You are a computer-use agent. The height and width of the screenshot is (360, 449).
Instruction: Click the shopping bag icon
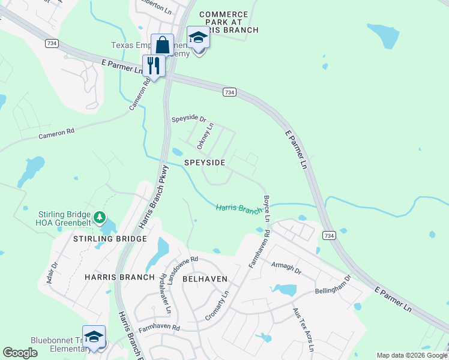coord(162,45)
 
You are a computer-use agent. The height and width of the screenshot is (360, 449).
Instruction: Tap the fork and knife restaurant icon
coord(154,65)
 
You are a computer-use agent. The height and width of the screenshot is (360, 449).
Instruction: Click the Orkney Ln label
coord(205,136)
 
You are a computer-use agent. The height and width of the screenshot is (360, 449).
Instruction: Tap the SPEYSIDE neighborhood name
coord(205,163)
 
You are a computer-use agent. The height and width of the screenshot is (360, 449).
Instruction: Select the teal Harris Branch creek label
coord(239,209)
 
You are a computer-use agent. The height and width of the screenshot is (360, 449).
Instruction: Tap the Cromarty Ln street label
coord(221,305)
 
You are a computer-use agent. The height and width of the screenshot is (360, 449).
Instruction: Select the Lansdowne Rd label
coord(182,270)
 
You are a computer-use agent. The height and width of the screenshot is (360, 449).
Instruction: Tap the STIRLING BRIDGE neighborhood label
coord(110,239)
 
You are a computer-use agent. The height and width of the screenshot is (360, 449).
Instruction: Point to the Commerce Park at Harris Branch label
coord(228,22)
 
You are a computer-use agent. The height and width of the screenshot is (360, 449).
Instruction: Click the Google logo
coord(20,353)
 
